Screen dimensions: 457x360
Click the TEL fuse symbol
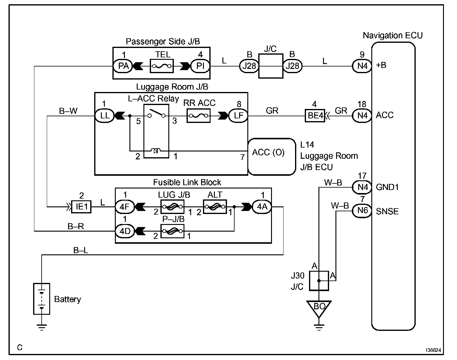point(162,66)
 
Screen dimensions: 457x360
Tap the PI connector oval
point(200,66)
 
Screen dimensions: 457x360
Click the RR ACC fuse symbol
point(198,116)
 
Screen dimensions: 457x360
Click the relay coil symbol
point(156,151)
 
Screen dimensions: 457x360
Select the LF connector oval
point(238,116)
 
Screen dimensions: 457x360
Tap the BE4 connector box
point(315,116)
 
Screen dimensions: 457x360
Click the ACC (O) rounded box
point(272,157)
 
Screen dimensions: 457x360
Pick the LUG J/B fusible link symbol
point(172,207)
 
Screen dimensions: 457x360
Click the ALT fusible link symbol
point(215,207)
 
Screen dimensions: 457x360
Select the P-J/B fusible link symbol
point(172,231)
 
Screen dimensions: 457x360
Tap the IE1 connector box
point(81,207)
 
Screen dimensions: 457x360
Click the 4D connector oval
point(125,231)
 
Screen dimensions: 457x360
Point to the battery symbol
point(42,299)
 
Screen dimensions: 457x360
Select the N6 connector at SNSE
point(362,211)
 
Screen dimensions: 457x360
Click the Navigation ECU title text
point(393,36)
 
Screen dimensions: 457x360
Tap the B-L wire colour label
point(81,250)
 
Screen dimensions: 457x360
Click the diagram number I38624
point(433,350)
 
